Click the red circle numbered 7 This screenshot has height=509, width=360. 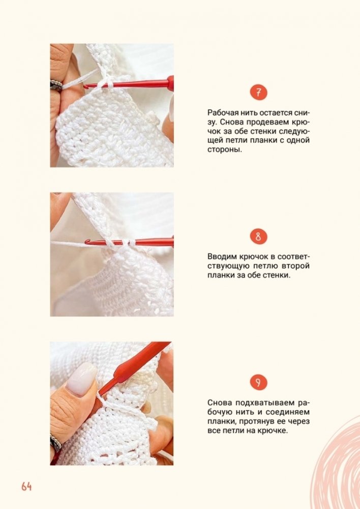[x=258, y=93]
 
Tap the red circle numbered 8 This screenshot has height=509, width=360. [x=258, y=236]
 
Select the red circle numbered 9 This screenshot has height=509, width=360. [x=258, y=382]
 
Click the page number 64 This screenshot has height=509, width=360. [x=26, y=486]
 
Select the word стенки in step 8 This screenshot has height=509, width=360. [x=277, y=275]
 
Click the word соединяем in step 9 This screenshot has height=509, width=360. [x=288, y=412]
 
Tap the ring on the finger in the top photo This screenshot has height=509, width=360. [x=56, y=85]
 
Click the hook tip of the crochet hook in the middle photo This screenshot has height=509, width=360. [x=87, y=242]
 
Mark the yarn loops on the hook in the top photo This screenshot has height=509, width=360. [x=105, y=84]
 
